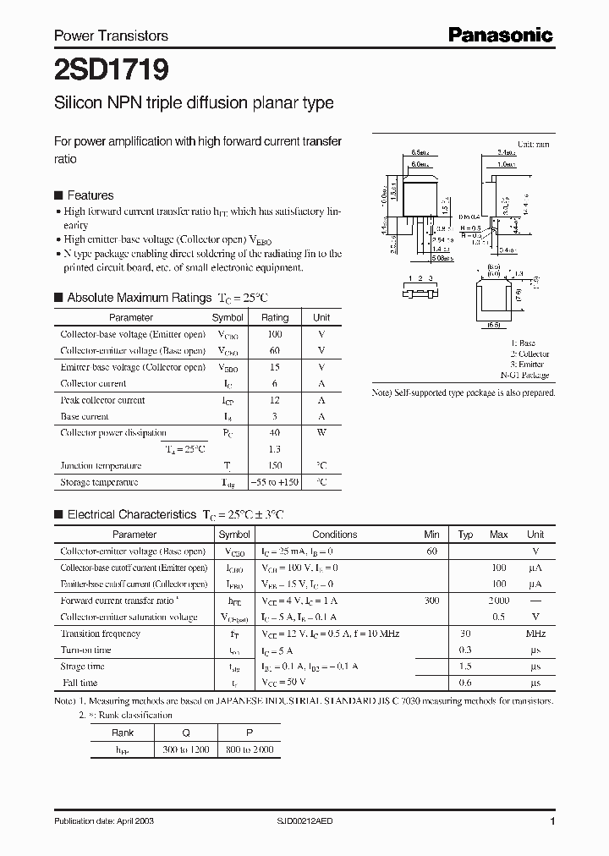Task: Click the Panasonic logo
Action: coord(500,35)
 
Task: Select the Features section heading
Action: coord(91,194)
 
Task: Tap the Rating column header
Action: coord(275,317)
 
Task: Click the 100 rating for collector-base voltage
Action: coord(275,334)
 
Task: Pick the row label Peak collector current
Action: coord(102,400)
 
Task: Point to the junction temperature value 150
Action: coord(275,466)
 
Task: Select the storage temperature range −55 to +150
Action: coord(275,482)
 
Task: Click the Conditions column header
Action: coord(335,535)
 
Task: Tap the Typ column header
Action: coord(465,535)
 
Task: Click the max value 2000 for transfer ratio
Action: coord(498,601)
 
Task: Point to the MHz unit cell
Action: coord(535,634)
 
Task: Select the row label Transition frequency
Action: coord(100,634)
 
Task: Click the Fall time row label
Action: coord(79,683)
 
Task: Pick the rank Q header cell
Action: coord(186,733)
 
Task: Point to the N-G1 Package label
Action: coord(524,375)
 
